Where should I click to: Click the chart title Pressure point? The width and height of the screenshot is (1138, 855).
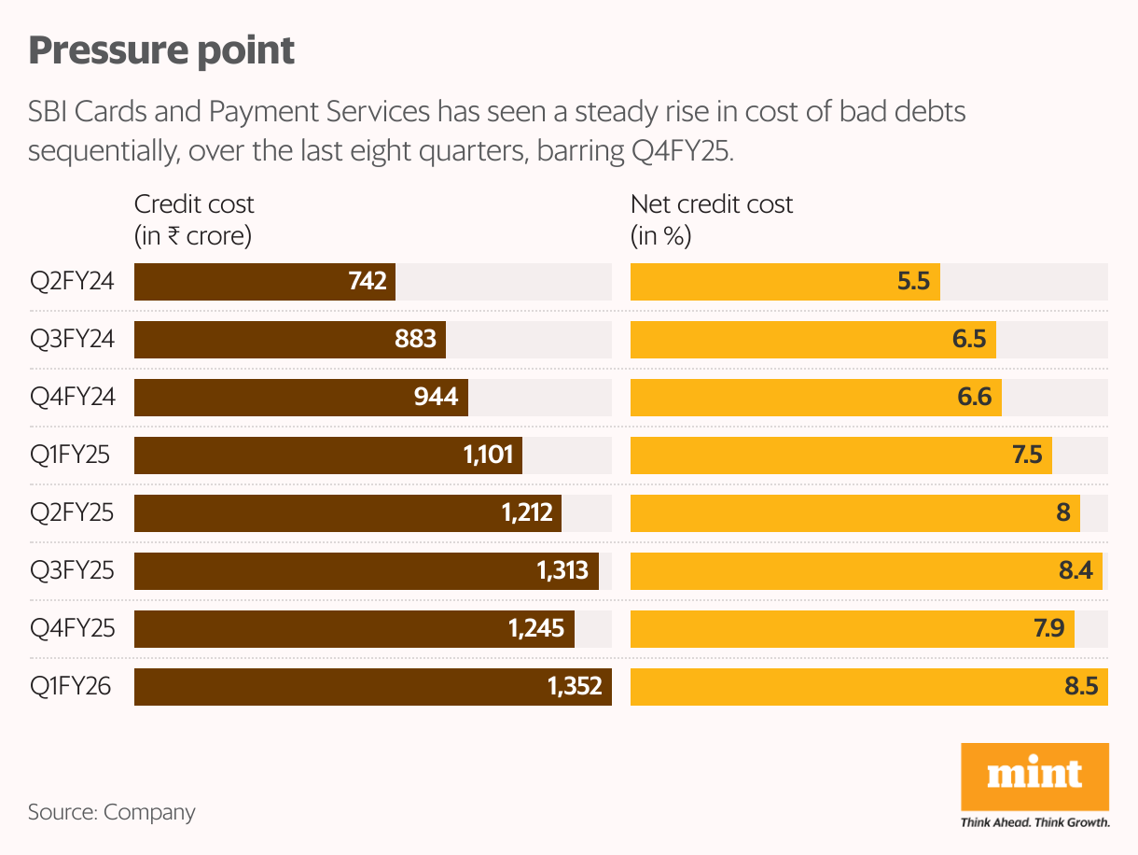point(161,51)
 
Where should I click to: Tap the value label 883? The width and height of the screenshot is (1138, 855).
point(416,340)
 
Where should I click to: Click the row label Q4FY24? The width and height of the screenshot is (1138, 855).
point(72,398)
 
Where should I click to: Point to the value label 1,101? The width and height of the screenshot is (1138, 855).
point(488,456)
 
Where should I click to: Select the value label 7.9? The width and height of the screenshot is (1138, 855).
point(1049,629)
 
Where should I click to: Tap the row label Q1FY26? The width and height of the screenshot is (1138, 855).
point(71,687)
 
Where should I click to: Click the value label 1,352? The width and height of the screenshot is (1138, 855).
point(575,687)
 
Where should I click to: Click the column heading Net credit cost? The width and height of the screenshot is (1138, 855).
point(712,204)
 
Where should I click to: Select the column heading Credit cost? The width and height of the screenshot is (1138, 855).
point(194,204)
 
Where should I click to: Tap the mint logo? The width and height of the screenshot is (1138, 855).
point(1034,776)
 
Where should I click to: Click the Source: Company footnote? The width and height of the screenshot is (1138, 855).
point(112,812)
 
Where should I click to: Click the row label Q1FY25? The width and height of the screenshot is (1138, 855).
point(71,456)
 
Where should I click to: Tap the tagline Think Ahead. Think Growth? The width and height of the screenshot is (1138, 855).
point(1034,822)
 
